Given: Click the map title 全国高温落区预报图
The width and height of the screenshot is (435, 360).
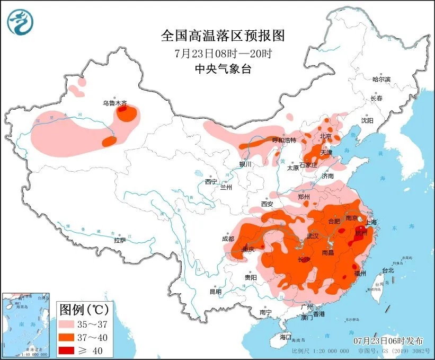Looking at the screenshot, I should pyautogui.click(x=223, y=36).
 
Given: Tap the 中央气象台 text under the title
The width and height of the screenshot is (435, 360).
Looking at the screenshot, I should pyautogui.click(x=223, y=69).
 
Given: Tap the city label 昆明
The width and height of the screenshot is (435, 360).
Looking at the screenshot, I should pyautogui.click(x=215, y=291).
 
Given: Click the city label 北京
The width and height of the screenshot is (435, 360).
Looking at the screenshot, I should pyautogui.click(x=325, y=136).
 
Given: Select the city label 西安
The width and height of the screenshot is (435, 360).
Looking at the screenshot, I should pyautogui.click(x=267, y=204).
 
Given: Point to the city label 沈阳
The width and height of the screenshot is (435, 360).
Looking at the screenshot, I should pyautogui.click(x=367, y=120).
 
